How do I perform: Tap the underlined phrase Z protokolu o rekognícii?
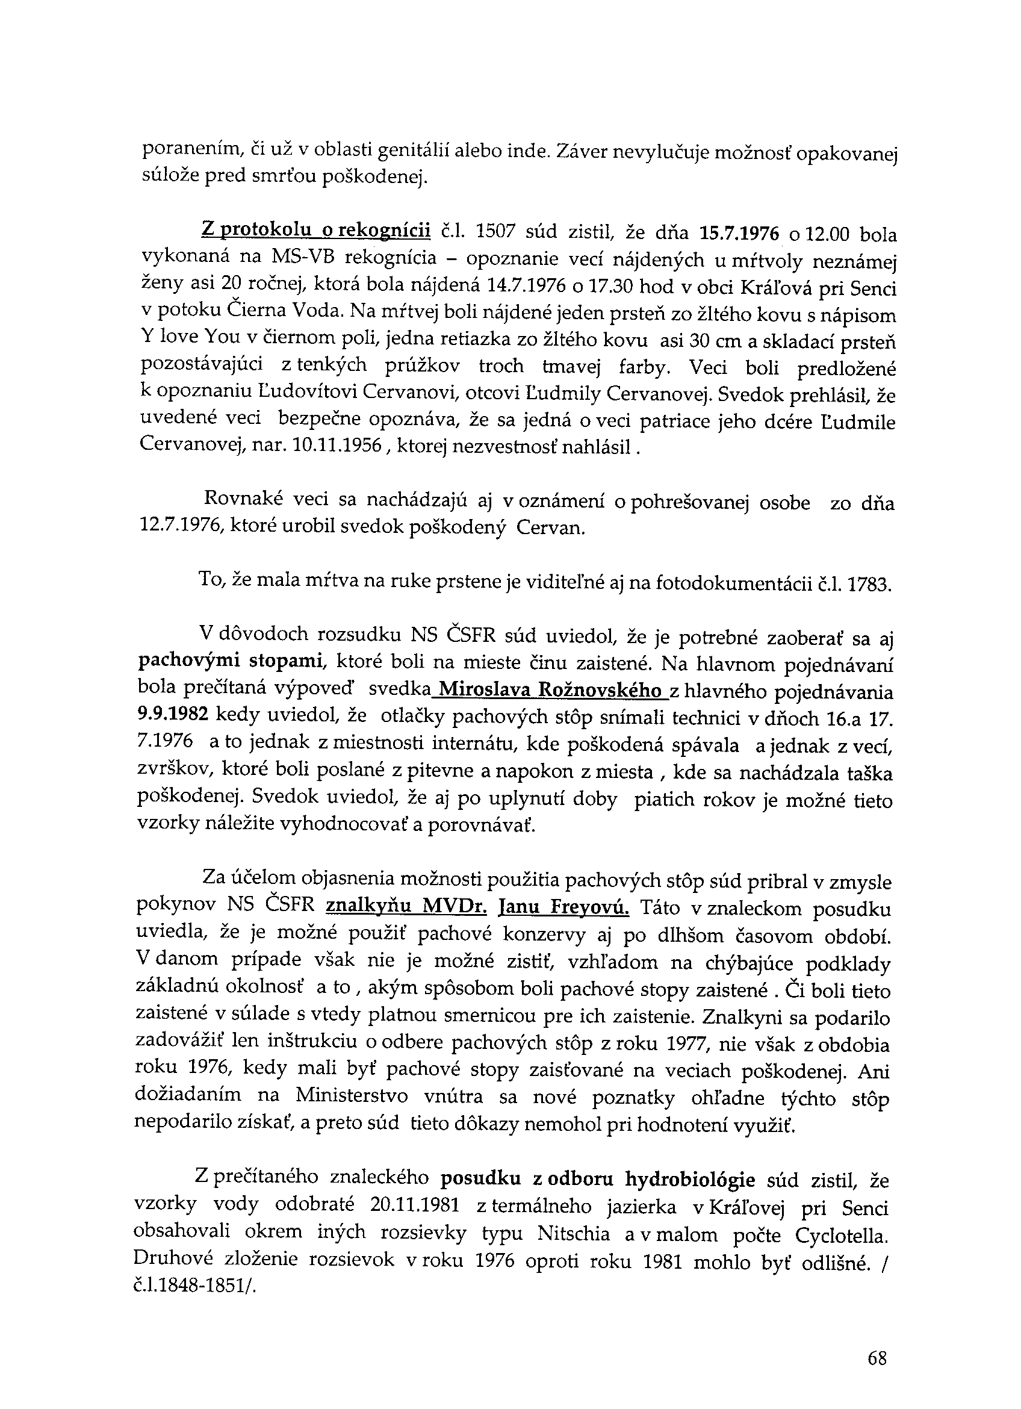pyautogui.click(x=315, y=231)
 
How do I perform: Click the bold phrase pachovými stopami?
pyautogui.click(x=231, y=661)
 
